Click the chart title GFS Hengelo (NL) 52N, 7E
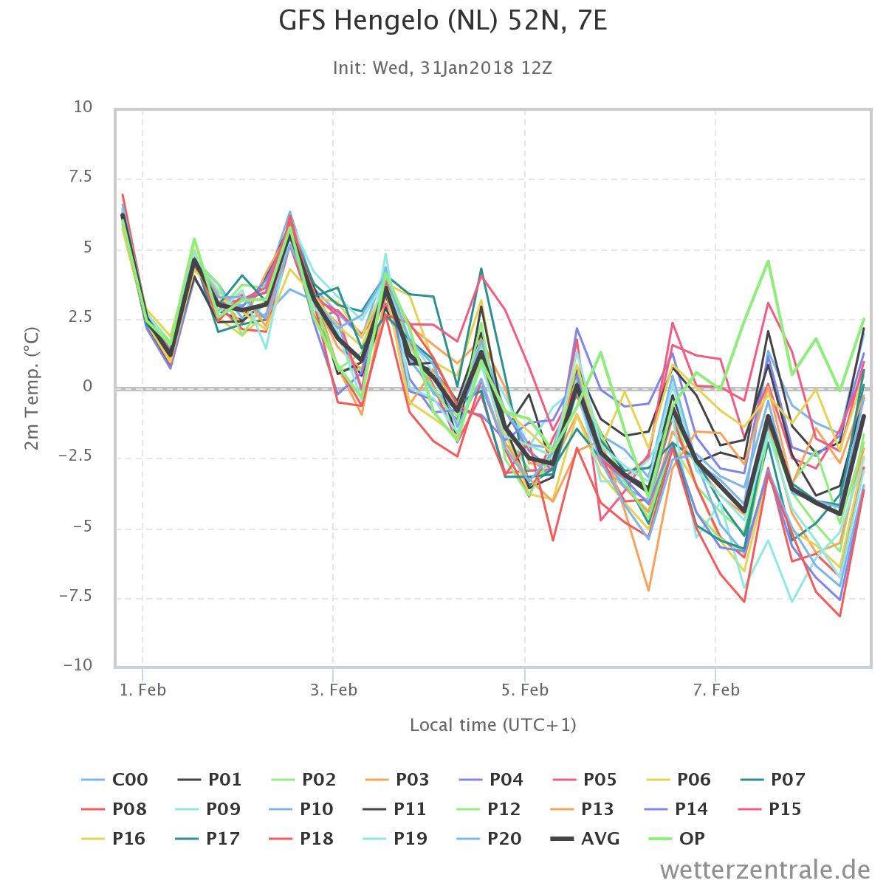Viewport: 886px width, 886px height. (443, 21)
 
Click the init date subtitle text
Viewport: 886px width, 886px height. (442, 68)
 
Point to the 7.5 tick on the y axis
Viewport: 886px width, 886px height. (80, 176)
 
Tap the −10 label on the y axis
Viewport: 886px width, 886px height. (78, 664)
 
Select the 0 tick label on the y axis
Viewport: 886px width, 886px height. (87, 385)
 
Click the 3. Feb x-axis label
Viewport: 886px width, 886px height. (333, 690)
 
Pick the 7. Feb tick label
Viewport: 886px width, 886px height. (716, 690)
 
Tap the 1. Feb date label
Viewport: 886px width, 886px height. (142, 690)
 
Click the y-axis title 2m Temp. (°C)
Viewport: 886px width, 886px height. (32, 388)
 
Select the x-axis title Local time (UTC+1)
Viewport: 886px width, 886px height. (493, 725)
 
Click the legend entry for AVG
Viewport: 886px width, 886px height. (585, 839)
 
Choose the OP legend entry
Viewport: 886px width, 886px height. (676, 839)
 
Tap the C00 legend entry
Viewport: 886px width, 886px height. (114, 780)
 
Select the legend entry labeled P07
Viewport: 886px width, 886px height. (773, 780)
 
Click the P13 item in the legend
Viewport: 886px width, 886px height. (582, 809)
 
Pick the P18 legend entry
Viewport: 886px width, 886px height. (301, 839)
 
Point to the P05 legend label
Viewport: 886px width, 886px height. (585, 780)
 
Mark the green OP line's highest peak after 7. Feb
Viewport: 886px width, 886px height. (768, 261)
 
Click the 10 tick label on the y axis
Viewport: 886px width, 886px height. (83, 106)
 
